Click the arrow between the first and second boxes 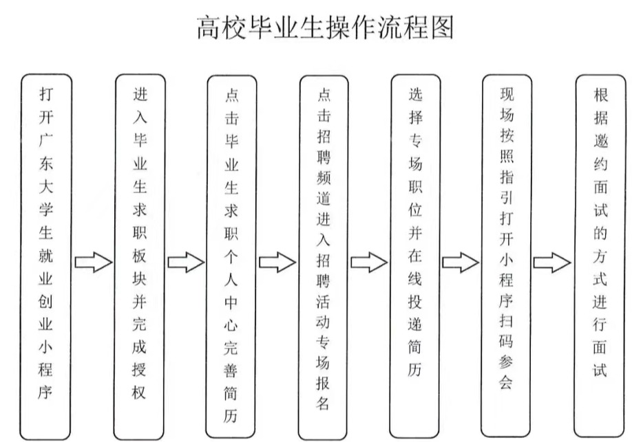pyautogui.click(x=93, y=262)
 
